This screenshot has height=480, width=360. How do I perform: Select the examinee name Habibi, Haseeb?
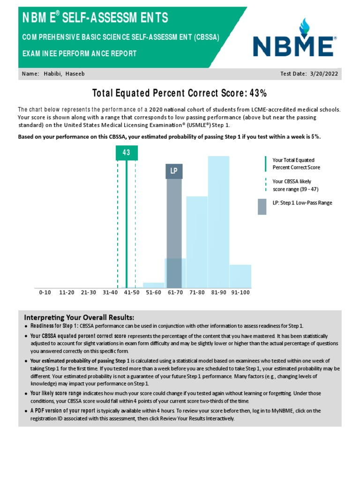click(64, 74)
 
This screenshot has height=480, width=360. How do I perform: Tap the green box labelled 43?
click(126, 153)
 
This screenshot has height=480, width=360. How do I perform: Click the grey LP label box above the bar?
click(174, 171)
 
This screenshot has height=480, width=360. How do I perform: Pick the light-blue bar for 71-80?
click(197, 242)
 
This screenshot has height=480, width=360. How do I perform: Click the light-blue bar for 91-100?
click(240, 277)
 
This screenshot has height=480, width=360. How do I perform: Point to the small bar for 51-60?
click(153, 285)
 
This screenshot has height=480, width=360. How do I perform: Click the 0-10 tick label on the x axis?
click(45, 292)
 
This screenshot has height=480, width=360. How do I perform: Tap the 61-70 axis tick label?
click(175, 292)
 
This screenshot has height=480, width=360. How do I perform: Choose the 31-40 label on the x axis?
click(110, 292)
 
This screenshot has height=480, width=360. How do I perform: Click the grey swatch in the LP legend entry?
click(262, 207)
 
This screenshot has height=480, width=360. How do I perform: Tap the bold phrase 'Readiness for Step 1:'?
click(54, 326)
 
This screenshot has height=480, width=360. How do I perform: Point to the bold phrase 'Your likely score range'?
click(56, 393)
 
